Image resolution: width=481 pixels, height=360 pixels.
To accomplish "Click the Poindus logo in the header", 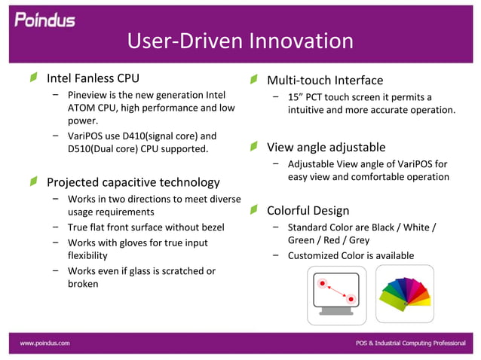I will pyautogui.click(x=45, y=19).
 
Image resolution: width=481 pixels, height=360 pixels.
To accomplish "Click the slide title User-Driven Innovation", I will pyautogui.click(x=240, y=41).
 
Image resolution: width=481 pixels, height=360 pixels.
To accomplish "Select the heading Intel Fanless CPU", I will pyautogui.click(x=93, y=78).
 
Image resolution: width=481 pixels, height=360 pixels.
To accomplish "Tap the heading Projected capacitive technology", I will pyautogui.click(x=133, y=182).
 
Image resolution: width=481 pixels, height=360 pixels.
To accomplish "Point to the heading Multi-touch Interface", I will pyautogui.click(x=325, y=81).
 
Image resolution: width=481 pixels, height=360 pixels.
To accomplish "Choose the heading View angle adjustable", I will pyautogui.click(x=326, y=147).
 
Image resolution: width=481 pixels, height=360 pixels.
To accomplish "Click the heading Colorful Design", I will pyautogui.click(x=308, y=210).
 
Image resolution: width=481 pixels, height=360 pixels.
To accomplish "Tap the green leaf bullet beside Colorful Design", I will pyautogui.click(x=255, y=209).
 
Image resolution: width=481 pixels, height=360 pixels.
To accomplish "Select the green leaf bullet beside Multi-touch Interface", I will pyautogui.click(x=255, y=79).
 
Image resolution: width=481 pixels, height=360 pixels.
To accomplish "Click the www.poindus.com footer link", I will pyautogui.click(x=45, y=343).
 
